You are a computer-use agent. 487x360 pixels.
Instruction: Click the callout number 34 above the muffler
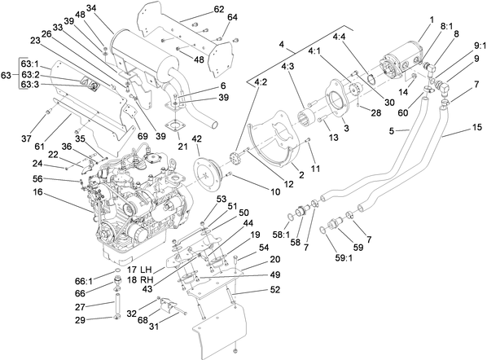[x=91, y=8]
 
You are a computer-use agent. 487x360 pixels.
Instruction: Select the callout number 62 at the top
[x=196, y=9]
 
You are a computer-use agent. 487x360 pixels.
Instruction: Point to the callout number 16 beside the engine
[x=38, y=192]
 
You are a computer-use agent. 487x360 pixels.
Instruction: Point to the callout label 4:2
[x=260, y=82]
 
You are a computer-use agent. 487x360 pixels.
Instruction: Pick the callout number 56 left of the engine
[x=38, y=178]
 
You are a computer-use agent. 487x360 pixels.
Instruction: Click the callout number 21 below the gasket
[x=182, y=147]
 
